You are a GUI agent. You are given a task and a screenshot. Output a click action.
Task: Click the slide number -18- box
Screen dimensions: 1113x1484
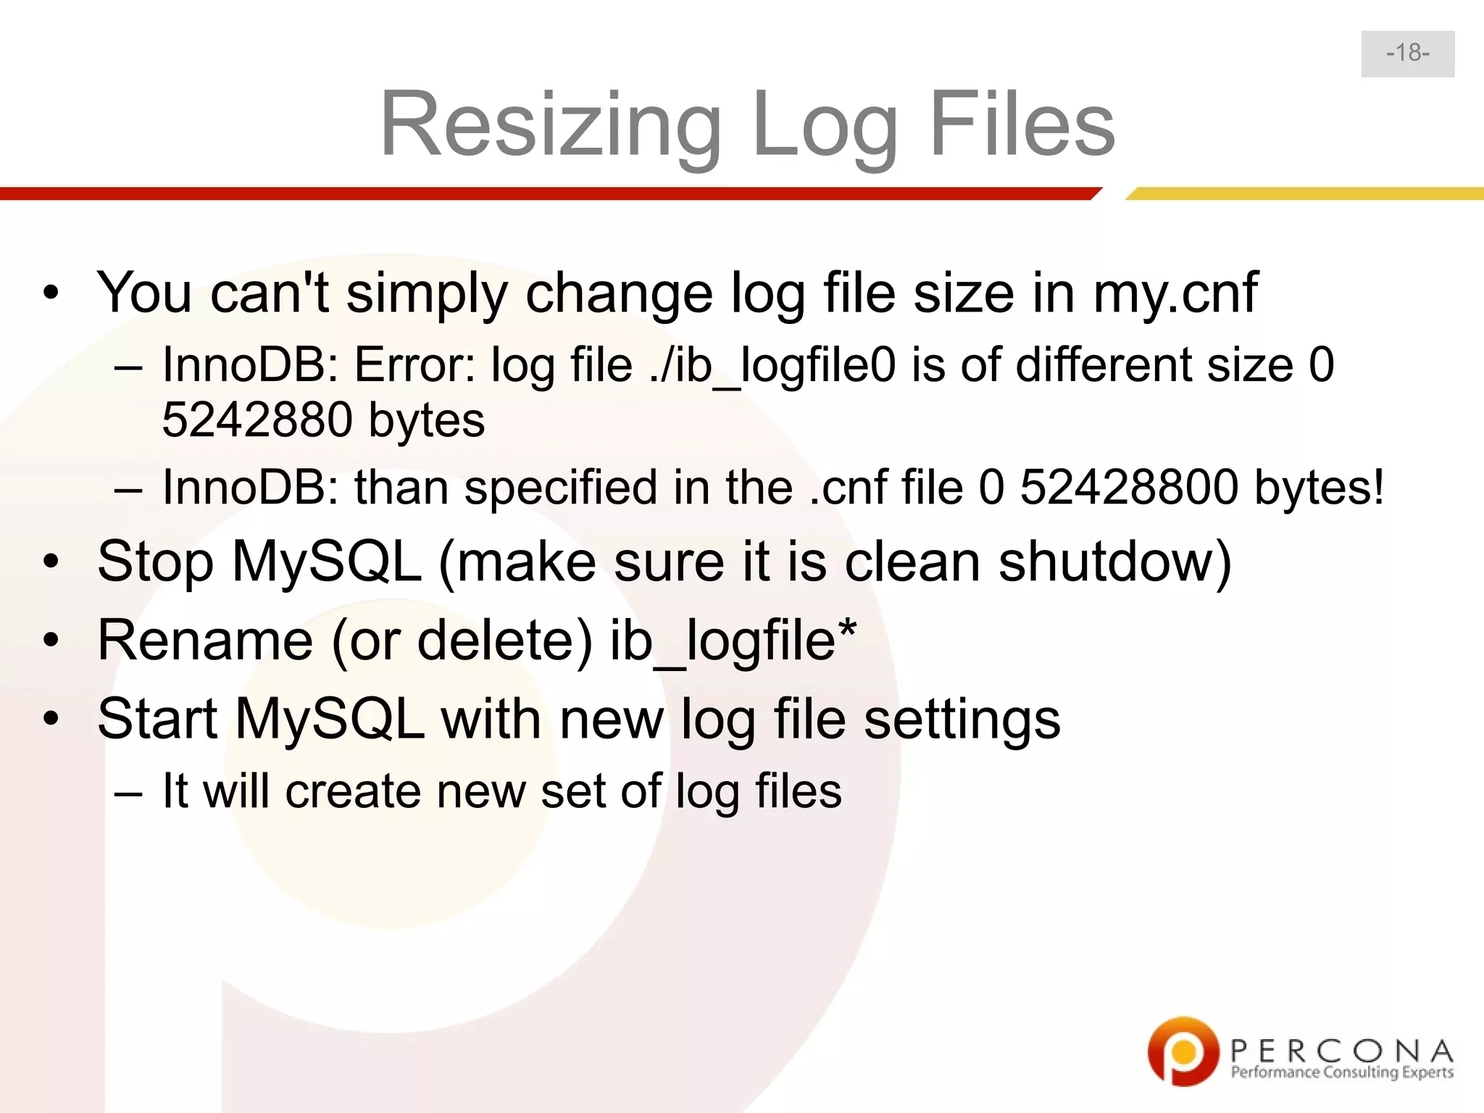pyautogui.click(x=1407, y=54)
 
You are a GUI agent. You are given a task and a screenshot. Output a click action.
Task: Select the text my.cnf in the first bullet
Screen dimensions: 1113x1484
pyautogui.click(x=1175, y=293)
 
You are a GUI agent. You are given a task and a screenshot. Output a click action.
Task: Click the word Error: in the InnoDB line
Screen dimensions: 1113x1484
pyautogui.click(x=414, y=364)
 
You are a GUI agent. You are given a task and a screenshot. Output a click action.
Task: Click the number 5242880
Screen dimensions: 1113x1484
pyautogui.click(x=257, y=420)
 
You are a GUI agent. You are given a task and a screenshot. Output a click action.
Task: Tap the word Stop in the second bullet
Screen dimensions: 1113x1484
pyautogui.click(x=155, y=562)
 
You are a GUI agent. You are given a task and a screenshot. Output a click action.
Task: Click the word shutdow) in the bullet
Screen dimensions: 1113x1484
pyautogui.click(x=1114, y=562)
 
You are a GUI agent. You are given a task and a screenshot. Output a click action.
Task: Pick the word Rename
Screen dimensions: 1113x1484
pyautogui.click(x=205, y=641)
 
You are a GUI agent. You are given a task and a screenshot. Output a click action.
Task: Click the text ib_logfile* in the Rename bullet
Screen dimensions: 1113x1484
pyautogui.click(x=733, y=641)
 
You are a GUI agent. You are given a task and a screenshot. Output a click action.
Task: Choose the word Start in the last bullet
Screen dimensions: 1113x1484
pyautogui.click(x=157, y=720)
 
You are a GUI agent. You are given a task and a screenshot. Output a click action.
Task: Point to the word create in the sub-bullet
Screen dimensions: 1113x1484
pyautogui.click(x=353, y=791)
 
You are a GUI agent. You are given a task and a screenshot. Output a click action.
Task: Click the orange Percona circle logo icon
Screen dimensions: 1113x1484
pyautogui.click(x=1183, y=1051)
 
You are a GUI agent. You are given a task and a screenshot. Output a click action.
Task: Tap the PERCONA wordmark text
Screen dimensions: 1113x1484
pyautogui.click(x=1341, y=1050)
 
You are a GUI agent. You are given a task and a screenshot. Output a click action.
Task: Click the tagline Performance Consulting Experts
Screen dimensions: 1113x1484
pyautogui.click(x=1341, y=1072)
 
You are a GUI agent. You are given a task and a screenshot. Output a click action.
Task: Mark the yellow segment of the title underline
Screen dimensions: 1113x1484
pyautogui.click(x=1304, y=193)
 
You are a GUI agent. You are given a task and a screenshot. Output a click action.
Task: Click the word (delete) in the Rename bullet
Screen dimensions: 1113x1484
pyautogui.click(x=505, y=641)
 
